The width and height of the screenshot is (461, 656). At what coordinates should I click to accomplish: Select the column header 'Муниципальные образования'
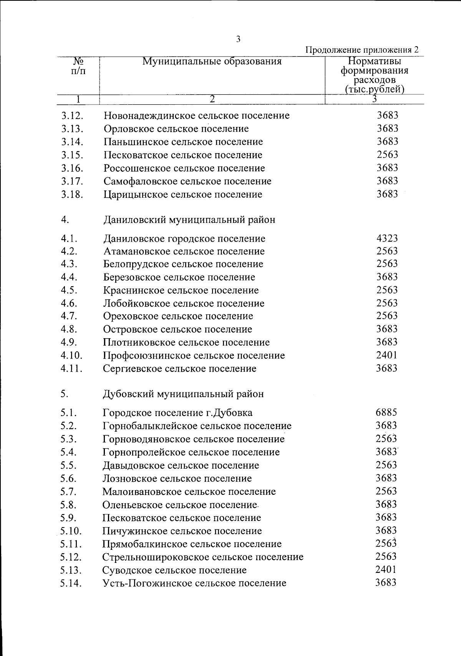click(212, 62)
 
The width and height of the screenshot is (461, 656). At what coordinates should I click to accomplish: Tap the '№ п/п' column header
click(78, 66)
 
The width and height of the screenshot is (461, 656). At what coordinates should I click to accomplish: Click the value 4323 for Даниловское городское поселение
click(387, 238)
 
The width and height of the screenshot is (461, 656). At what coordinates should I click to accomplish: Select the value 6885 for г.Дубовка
click(386, 412)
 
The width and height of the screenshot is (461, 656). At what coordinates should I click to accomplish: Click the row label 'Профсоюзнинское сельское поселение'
click(194, 355)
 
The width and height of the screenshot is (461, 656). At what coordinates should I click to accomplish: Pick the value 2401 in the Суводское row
click(386, 569)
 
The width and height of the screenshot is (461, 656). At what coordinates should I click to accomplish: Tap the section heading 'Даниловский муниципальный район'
click(189, 220)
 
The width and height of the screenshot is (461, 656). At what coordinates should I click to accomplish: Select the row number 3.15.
click(72, 155)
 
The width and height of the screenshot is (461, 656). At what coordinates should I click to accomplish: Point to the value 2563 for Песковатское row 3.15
click(387, 155)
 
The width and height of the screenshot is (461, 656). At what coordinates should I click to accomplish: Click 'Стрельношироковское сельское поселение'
click(203, 557)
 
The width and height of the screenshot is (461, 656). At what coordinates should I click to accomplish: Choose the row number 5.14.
click(71, 583)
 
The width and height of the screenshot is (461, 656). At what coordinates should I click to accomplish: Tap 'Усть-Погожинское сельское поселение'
click(194, 583)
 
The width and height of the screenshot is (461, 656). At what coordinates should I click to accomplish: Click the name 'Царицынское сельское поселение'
click(183, 194)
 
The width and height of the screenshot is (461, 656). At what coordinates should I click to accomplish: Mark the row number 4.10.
click(71, 355)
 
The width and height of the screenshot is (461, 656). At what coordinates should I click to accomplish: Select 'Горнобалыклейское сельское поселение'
click(197, 426)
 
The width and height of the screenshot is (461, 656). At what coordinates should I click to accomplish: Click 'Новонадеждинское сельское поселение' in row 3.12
click(196, 115)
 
